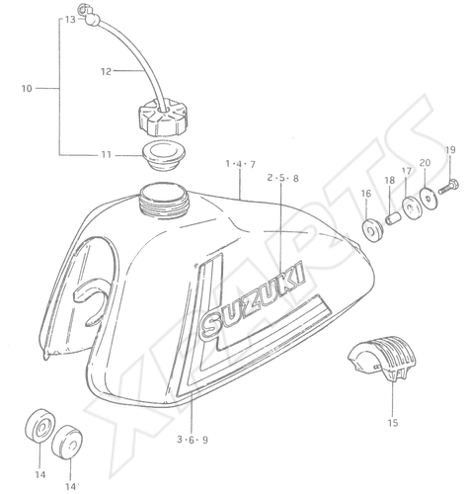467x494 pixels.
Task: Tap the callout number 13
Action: click(70, 20)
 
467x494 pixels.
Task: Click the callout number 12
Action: click(106, 71)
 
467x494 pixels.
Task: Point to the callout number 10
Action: click(27, 88)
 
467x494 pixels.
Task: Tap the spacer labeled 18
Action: click(392, 218)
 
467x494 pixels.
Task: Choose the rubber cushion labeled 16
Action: click(372, 230)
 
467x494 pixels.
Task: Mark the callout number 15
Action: click(393, 422)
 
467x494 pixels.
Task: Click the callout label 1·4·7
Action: click(240, 164)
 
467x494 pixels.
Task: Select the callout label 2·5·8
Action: click(282, 178)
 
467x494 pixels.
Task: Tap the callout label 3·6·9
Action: click(193, 440)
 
